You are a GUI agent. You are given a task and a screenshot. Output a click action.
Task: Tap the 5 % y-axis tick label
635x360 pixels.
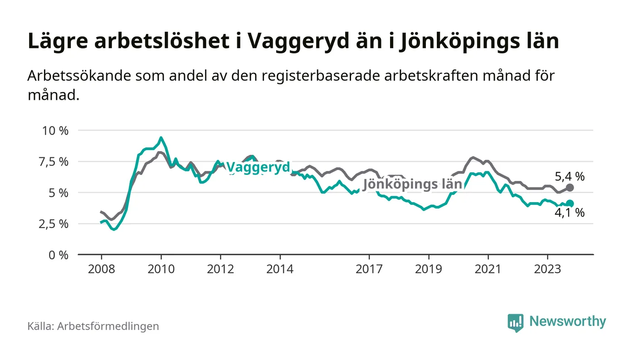(59, 193)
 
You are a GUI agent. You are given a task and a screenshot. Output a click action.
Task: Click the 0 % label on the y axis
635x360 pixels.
(59, 255)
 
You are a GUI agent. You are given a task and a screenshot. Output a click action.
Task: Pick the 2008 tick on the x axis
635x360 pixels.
(101, 269)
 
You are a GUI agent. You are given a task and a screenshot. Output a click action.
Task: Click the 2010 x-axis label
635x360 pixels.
(161, 269)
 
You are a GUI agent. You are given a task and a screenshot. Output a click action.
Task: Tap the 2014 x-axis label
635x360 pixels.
(280, 269)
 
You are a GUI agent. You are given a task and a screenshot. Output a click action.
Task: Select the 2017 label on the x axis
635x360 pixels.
(369, 269)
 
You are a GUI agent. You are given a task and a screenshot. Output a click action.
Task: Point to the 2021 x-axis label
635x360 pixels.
(488, 269)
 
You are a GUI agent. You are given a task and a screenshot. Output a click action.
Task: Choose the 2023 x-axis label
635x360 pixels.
(547, 269)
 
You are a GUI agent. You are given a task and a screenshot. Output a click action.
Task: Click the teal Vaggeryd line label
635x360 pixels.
(258, 168)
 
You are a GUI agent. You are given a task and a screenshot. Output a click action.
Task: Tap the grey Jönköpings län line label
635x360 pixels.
(412, 184)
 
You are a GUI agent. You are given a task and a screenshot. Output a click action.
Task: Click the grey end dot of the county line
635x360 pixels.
(570, 187)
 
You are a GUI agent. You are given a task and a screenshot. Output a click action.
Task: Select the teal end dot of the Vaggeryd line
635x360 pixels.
(570, 204)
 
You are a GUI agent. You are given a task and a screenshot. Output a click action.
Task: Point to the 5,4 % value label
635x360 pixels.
(570, 176)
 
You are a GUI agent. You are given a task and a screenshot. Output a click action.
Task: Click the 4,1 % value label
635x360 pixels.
(570, 213)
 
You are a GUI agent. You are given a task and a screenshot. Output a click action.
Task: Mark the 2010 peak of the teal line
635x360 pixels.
(161, 137)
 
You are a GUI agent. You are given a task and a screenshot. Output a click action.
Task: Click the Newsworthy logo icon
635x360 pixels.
(515, 322)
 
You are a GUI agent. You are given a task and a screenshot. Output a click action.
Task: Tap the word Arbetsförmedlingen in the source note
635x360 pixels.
(108, 326)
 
